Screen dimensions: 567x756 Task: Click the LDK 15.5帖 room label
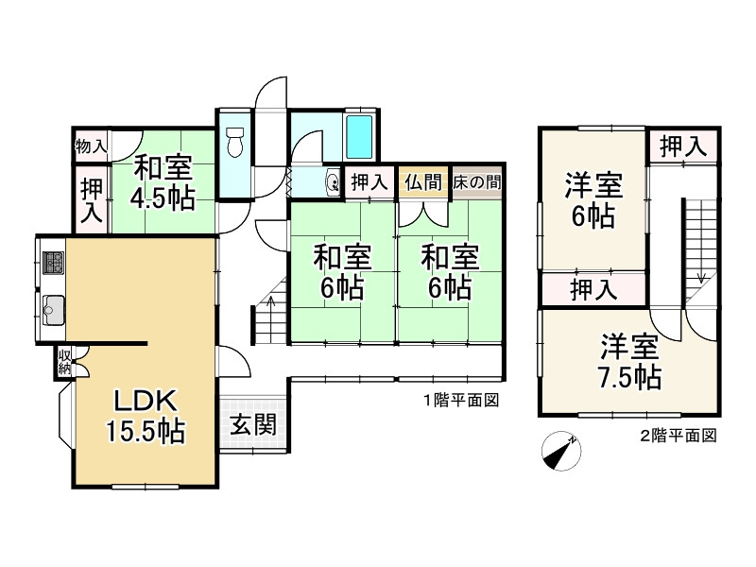(144, 415)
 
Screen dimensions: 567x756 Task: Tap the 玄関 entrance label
(252, 424)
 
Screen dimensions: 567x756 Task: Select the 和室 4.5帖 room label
(163, 183)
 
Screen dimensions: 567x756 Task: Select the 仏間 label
(421, 182)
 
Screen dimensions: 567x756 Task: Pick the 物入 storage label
(91, 146)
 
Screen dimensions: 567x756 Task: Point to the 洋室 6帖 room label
(593, 199)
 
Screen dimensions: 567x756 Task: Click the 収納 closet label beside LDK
(65, 362)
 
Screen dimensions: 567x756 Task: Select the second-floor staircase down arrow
(701, 276)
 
